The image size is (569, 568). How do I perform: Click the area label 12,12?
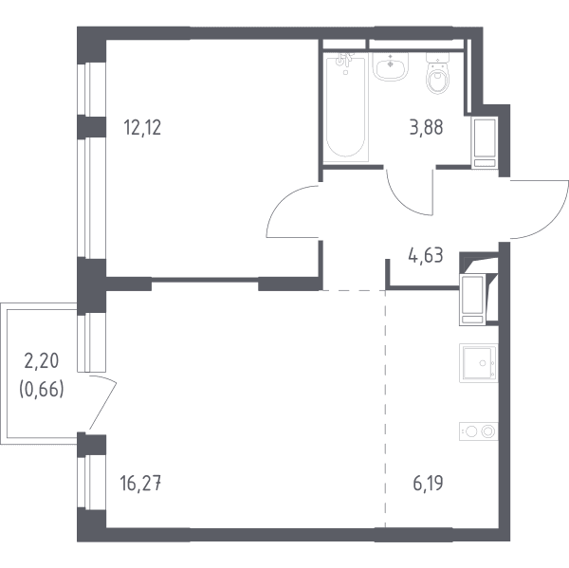(x=142, y=128)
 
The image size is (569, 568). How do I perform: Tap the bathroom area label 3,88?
(x=426, y=128)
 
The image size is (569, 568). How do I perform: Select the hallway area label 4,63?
(x=426, y=256)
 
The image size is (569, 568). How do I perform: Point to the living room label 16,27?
(x=140, y=484)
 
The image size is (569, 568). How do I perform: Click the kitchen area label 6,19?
(x=428, y=484)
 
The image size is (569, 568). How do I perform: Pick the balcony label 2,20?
(x=42, y=361)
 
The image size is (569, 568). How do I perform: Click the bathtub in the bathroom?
(x=345, y=107)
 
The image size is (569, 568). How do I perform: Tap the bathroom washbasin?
(x=391, y=66)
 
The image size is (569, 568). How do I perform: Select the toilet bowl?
(x=437, y=74)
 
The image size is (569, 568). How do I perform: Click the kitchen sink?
(x=478, y=363)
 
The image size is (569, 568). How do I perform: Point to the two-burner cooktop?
(x=478, y=431)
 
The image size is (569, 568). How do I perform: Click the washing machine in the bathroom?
(x=485, y=142)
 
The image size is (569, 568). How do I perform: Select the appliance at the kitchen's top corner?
(x=472, y=300)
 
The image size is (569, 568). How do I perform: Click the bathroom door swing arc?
(x=401, y=203)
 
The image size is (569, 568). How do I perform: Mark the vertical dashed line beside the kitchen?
(x=385, y=410)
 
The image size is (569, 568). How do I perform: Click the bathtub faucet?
(x=344, y=61)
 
